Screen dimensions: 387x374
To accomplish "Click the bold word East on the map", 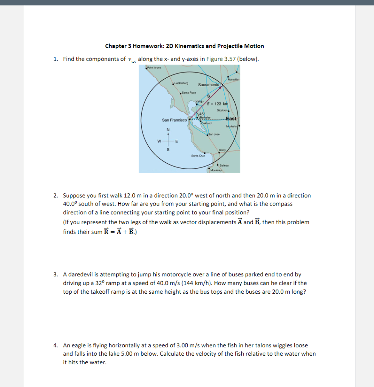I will (x=231, y=119).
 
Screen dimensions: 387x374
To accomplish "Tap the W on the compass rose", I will (x=160, y=142).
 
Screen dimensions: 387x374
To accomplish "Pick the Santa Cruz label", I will (x=198, y=155).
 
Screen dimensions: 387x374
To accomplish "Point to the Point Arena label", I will (x=154, y=68).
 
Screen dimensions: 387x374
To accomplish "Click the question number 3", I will (x=55, y=275).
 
